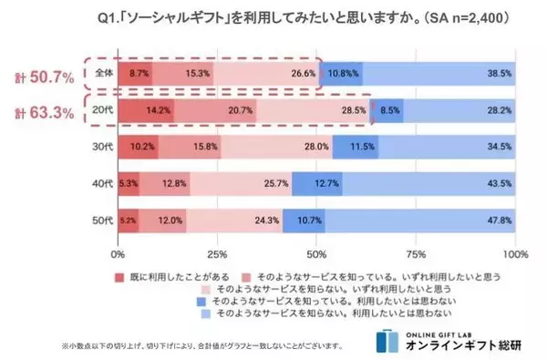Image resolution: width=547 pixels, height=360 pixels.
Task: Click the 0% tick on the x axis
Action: [118, 253]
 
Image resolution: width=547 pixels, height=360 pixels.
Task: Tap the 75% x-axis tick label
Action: [416, 253]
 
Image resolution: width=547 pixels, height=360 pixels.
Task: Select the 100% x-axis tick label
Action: [514, 253]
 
